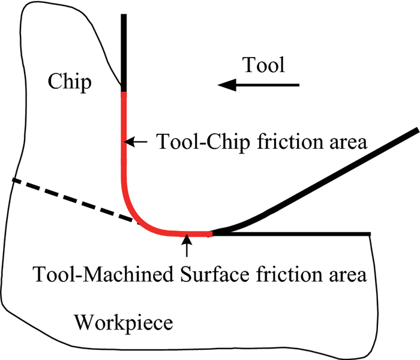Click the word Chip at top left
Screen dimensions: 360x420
(x=70, y=82)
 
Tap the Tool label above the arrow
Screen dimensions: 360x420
(x=263, y=65)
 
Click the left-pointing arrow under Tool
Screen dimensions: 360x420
(x=258, y=86)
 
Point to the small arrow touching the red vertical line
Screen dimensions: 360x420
(x=137, y=142)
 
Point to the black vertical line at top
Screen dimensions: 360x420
(x=124, y=51)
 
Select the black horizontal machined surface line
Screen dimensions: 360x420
(x=294, y=233)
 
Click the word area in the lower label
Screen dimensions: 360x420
(x=344, y=277)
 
